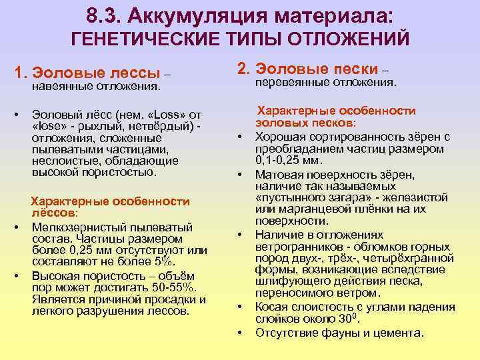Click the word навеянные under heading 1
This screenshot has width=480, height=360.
point(61,86)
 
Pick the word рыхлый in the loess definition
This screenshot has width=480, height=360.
point(99,126)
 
